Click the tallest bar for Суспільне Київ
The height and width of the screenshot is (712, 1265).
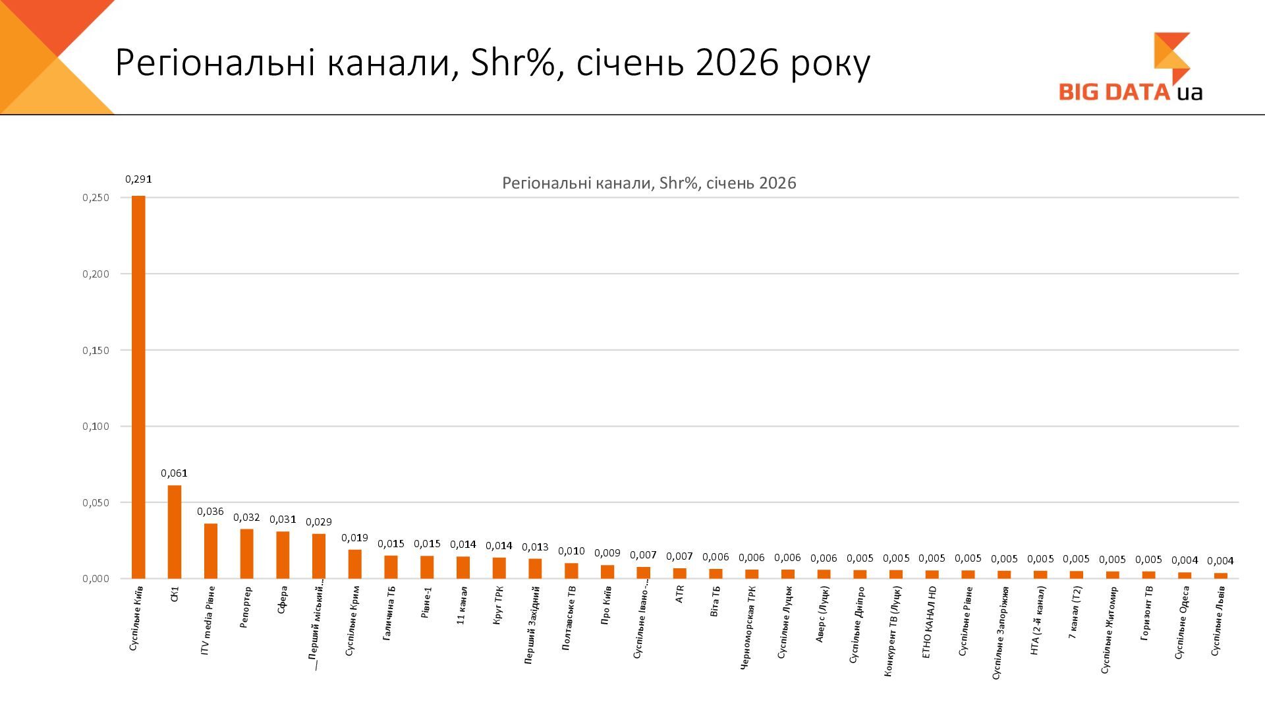(x=138, y=387)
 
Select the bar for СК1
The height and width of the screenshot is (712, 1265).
(x=175, y=532)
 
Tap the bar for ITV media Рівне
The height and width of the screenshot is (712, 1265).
(x=211, y=551)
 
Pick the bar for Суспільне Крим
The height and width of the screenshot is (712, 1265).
(x=355, y=564)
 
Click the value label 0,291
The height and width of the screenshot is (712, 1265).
(x=138, y=179)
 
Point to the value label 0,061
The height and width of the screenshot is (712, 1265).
(x=175, y=473)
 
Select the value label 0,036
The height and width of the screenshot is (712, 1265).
(x=211, y=511)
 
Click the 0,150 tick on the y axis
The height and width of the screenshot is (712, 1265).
(x=96, y=350)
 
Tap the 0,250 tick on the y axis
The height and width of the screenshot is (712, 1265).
(x=96, y=198)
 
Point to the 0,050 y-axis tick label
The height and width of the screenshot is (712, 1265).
(x=96, y=502)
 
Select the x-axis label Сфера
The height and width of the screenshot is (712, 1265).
(x=282, y=600)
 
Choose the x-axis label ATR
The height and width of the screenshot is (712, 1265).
(x=679, y=594)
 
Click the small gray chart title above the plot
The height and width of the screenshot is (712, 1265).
(x=649, y=183)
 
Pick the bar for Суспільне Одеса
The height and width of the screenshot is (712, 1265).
(x=1185, y=575)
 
